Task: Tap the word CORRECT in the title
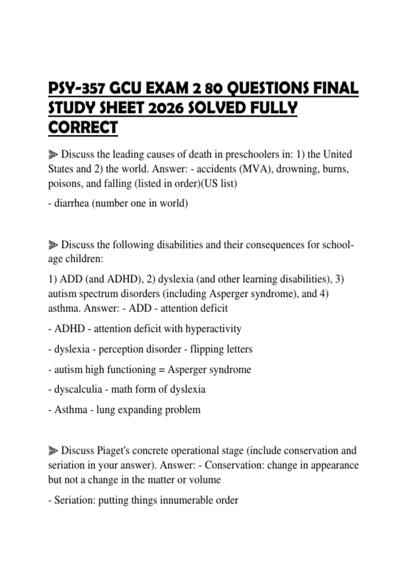[83, 128]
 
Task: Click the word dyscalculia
[78, 389]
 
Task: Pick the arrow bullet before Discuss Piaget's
[53, 451]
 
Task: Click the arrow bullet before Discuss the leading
[53, 155]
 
